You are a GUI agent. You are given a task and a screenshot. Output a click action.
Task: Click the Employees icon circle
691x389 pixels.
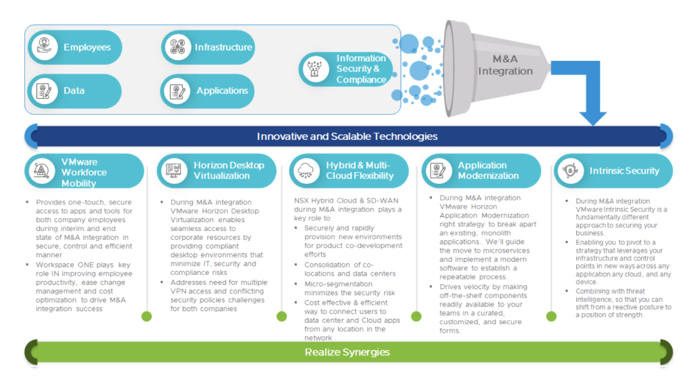44,47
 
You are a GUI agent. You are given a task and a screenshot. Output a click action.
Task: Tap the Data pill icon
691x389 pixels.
44,90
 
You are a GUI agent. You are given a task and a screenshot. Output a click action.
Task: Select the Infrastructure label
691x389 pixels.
223,47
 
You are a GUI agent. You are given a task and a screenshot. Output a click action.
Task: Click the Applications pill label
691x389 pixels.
222,90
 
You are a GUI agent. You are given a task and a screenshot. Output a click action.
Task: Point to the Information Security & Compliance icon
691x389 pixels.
314,70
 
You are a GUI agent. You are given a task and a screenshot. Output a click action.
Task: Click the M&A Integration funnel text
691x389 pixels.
505,65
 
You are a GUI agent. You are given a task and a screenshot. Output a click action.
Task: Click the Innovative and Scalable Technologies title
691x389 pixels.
347,136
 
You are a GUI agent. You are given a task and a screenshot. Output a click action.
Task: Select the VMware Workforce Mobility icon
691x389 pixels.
42,171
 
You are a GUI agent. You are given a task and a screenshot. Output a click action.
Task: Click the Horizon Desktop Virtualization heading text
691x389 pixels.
229,170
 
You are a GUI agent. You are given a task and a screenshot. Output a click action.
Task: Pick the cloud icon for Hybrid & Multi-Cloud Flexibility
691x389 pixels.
306,171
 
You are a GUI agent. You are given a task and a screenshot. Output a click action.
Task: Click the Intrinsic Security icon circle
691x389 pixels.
570,171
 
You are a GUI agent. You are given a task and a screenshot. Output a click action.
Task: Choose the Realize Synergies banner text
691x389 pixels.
347,352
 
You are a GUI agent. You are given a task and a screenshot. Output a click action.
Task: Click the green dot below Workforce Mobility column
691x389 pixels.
146,316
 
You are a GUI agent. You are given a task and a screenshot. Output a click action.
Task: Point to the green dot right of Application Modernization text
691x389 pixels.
551,316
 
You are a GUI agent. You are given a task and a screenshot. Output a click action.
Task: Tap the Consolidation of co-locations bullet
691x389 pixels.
344,269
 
